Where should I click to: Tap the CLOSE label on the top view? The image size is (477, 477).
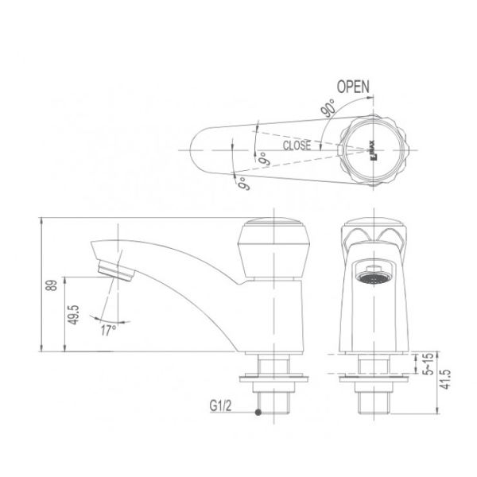297,146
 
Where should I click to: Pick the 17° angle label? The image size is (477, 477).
108,328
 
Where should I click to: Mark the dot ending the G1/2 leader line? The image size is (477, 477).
258,413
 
